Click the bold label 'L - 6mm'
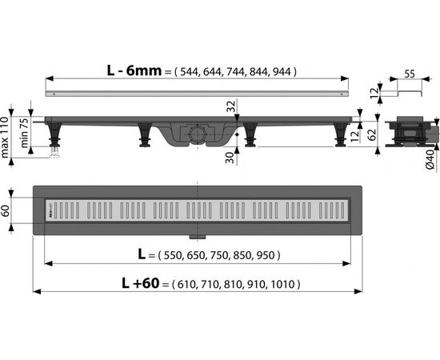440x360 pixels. point(134,70)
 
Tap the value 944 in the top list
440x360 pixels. point(283,72)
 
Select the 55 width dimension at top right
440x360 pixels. point(410,74)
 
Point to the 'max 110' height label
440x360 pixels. point(5,138)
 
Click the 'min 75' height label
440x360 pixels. point(24,133)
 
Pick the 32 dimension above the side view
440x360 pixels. point(231,106)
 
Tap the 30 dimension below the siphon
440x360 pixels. point(230,158)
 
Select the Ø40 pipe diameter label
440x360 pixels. point(430,159)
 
